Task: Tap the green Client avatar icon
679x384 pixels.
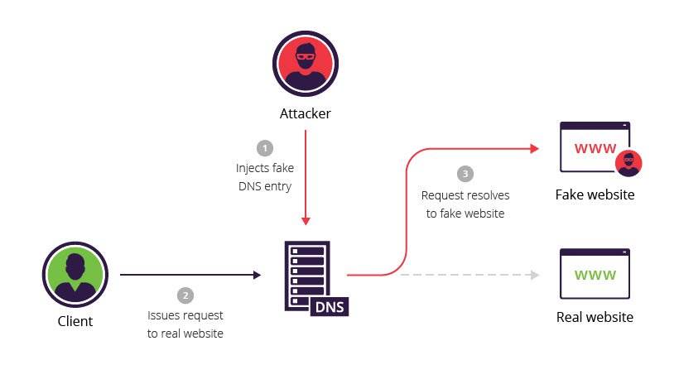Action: pos(75,273)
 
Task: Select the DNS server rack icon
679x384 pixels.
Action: pos(307,274)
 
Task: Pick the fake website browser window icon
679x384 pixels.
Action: pos(595,149)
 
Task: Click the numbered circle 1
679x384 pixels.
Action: pos(265,148)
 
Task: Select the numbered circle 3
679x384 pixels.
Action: pos(465,175)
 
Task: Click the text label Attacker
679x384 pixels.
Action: pos(305,113)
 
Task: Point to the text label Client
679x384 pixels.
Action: pos(75,321)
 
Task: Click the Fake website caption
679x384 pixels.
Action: pos(595,195)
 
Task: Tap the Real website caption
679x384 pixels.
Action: pos(595,317)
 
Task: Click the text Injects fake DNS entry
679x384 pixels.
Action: pos(265,177)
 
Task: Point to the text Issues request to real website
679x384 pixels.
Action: pos(185,324)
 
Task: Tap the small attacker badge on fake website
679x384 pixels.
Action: pos(629,163)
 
